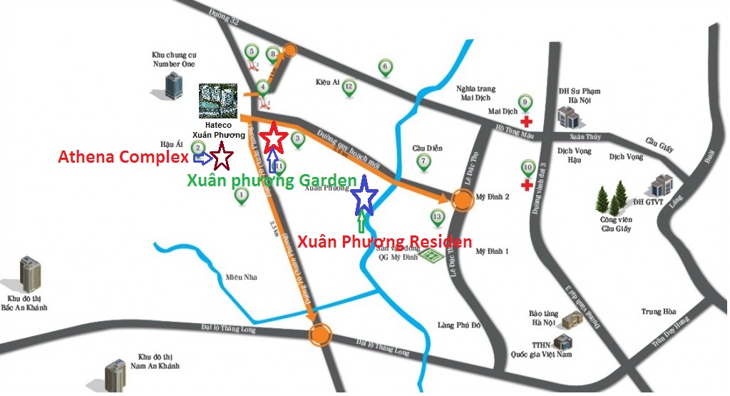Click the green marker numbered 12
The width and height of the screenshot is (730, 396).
[349, 88]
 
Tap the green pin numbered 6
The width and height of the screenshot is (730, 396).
[384, 68]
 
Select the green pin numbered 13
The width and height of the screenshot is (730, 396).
[437, 216]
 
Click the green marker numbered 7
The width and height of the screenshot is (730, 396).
[423, 161]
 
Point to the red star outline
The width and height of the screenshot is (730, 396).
[274, 138]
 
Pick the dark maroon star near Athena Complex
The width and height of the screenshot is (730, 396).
[221, 153]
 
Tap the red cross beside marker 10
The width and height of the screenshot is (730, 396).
[527, 186]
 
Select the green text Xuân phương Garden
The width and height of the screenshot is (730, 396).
[271, 181]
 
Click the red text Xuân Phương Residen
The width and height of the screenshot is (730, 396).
[384, 242]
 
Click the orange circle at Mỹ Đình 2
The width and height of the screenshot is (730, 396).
[461, 200]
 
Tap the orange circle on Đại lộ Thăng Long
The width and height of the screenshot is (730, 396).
[321, 334]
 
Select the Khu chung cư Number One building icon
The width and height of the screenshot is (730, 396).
[173, 85]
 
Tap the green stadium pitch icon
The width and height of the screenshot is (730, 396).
[429, 256]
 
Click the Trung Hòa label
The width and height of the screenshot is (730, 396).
[657, 312]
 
